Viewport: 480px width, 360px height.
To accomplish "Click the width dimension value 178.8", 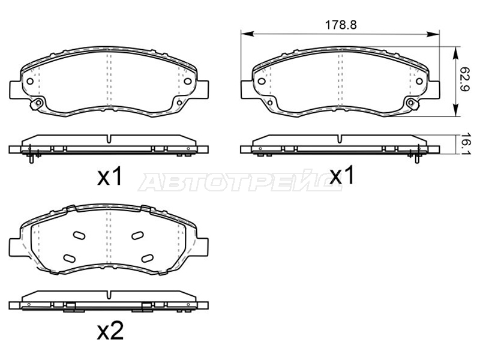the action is point(340,25).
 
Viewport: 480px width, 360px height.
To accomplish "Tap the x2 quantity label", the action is point(110,331).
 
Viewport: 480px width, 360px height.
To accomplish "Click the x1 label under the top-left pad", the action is point(110,176).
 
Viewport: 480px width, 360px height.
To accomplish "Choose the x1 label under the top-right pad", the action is point(341,175).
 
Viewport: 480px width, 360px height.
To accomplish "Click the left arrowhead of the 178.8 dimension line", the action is point(247,34).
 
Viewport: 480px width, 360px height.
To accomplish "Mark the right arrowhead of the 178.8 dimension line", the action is point(433,34).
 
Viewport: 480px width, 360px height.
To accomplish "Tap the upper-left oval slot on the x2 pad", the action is point(79,235).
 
